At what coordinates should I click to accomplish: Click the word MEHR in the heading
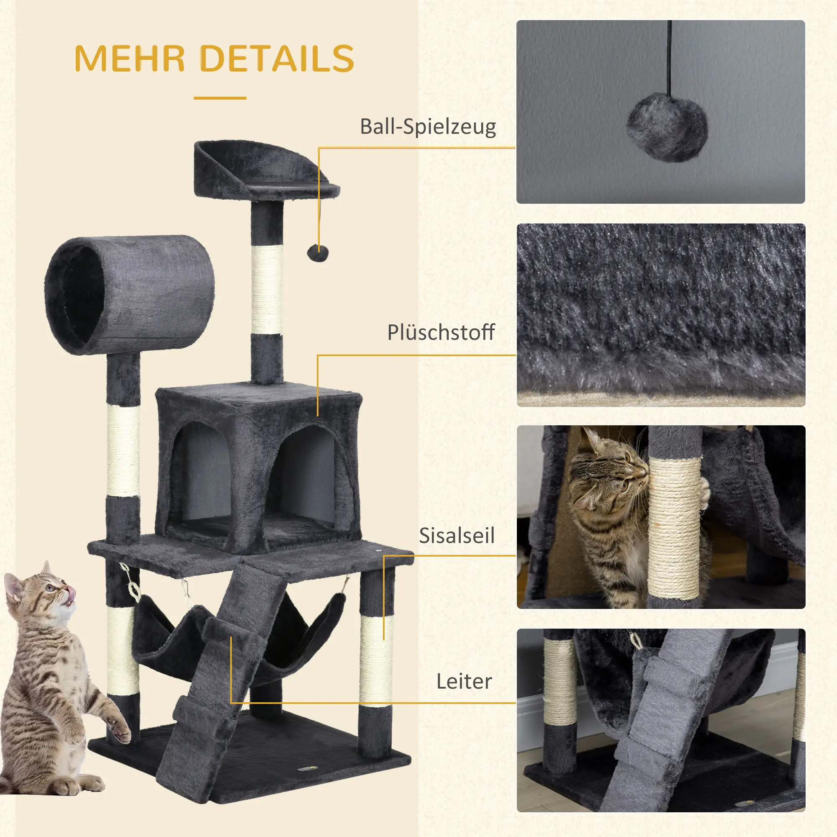click(x=130, y=59)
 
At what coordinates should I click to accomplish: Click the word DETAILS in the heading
click(x=277, y=59)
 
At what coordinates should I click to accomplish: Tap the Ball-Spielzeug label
click(x=428, y=127)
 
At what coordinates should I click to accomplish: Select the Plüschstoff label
click(x=441, y=333)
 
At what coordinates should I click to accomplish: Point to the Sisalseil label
click(x=456, y=536)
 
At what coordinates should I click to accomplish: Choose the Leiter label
click(x=464, y=681)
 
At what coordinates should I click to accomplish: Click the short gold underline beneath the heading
click(x=220, y=98)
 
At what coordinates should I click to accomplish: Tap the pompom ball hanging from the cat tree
click(x=318, y=253)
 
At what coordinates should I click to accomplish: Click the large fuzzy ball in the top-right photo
click(x=667, y=126)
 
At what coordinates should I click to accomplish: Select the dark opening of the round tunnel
click(x=76, y=295)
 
